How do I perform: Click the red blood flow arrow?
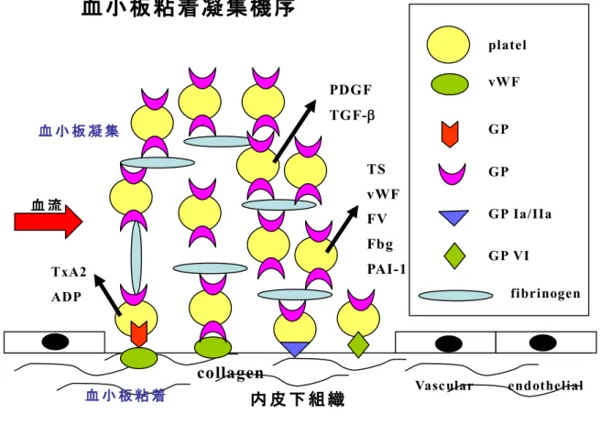[49, 222]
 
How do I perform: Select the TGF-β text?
[352, 115]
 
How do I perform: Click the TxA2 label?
[69, 272]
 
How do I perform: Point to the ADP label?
[66, 297]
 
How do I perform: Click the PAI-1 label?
[386, 269]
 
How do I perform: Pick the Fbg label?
[380, 245]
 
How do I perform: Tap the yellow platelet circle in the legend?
[448, 44]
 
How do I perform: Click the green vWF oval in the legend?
[450, 84]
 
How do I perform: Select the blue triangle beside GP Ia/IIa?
[453, 217]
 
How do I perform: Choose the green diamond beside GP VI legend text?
[454, 255]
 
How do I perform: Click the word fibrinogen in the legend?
[545, 294]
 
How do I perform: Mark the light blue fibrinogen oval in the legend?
[455, 296]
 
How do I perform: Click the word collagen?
[230, 373]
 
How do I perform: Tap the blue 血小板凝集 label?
[79, 131]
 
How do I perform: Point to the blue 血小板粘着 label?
[125, 396]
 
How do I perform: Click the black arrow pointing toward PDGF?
[295, 131]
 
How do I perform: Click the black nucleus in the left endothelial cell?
[56, 342]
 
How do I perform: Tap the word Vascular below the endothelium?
[444, 386]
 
